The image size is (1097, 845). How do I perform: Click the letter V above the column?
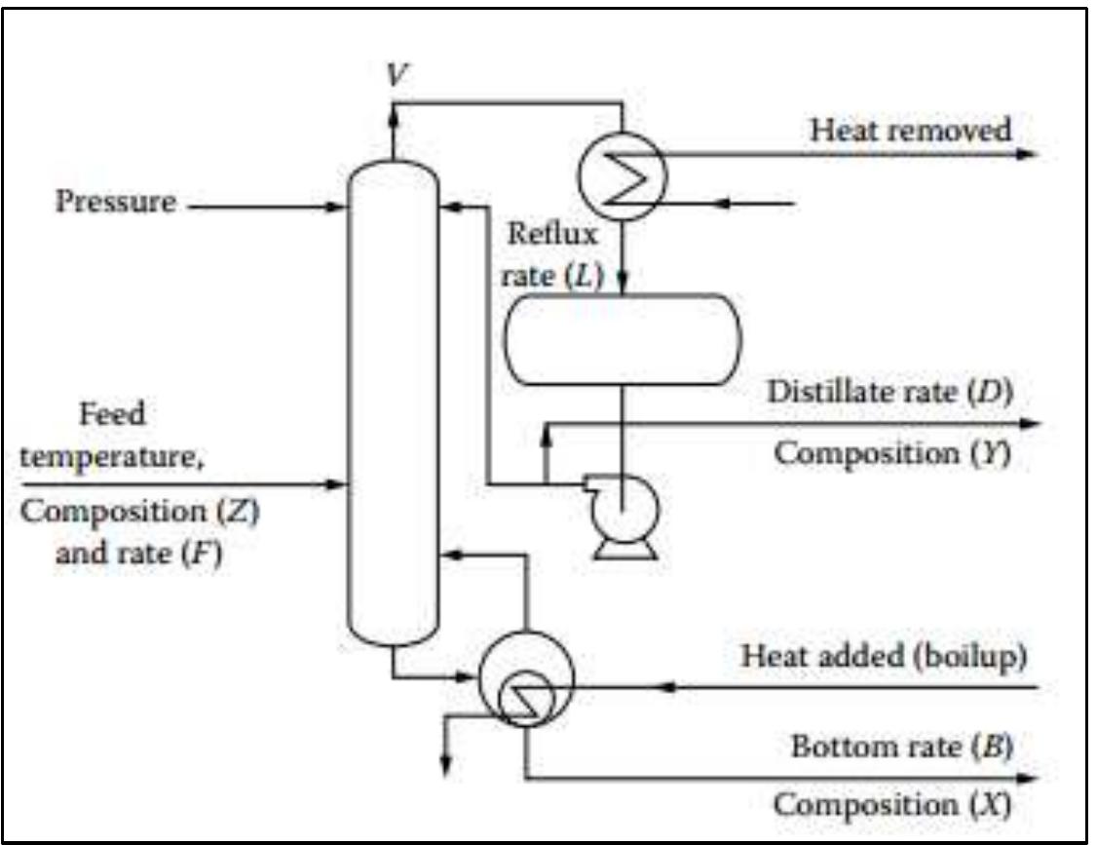point(394,76)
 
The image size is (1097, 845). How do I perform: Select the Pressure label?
point(117,203)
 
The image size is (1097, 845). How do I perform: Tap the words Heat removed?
point(912,131)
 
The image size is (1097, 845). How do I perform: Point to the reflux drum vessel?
point(622,338)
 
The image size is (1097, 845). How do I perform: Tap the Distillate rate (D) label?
point(891,393)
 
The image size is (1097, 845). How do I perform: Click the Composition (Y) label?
point(895,454)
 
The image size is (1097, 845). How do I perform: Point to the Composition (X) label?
point(892,807)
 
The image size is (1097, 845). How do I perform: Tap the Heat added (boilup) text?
point(885,657)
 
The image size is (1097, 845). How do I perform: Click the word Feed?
point(113,414)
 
